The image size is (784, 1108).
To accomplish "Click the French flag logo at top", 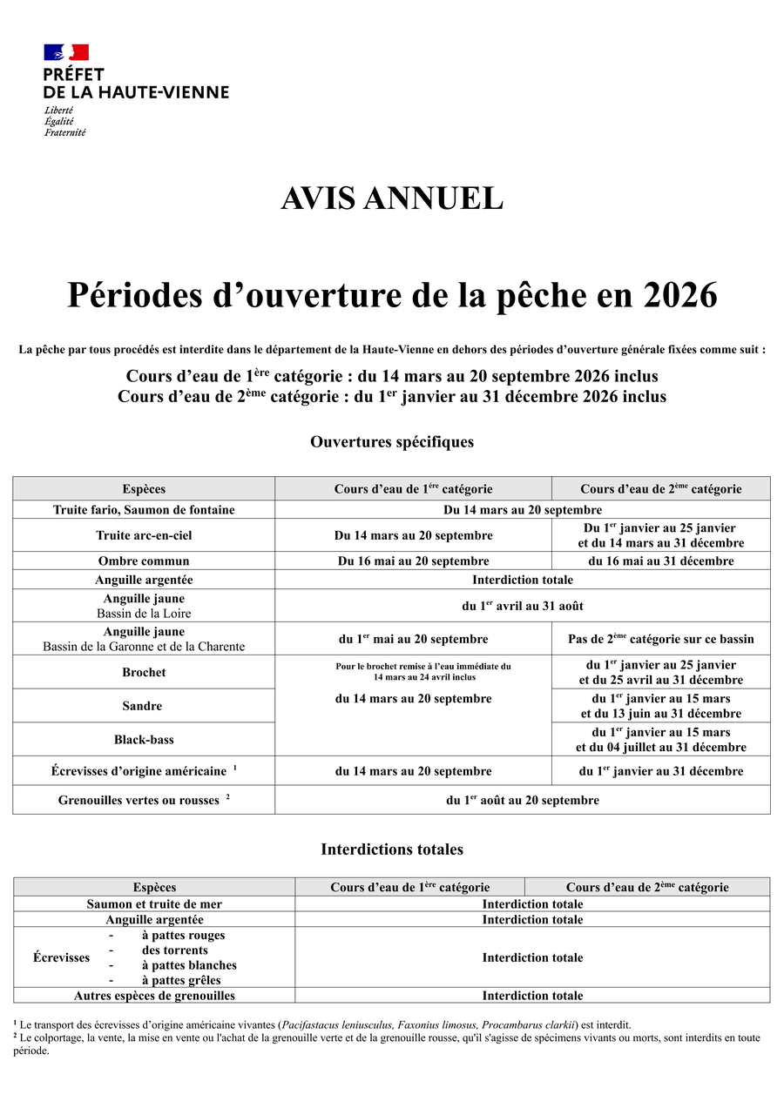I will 66,52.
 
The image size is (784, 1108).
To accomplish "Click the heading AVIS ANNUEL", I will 392,198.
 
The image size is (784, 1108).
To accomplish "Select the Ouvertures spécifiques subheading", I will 392,441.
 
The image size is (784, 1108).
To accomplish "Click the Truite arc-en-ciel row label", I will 144,535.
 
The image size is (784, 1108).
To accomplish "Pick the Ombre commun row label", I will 144,561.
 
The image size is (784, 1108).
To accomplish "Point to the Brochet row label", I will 144,672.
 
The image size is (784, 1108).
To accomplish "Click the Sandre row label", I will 144,706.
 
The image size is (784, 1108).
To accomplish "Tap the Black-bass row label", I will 144,739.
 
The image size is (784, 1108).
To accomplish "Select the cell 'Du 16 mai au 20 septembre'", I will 413,561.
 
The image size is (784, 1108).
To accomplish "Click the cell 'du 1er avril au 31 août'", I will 523,606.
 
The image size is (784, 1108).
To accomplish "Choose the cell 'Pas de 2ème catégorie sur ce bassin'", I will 661,639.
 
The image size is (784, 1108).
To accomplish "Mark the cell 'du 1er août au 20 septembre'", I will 523,800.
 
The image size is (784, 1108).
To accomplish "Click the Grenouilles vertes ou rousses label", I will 139,800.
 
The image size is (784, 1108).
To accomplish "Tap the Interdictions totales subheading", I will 392,849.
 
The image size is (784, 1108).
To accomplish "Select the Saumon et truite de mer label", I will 154,903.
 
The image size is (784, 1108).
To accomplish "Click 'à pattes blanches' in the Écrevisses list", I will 189,964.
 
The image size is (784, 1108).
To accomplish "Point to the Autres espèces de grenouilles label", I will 154,995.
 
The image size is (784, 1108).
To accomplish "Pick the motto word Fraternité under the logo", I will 65,132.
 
